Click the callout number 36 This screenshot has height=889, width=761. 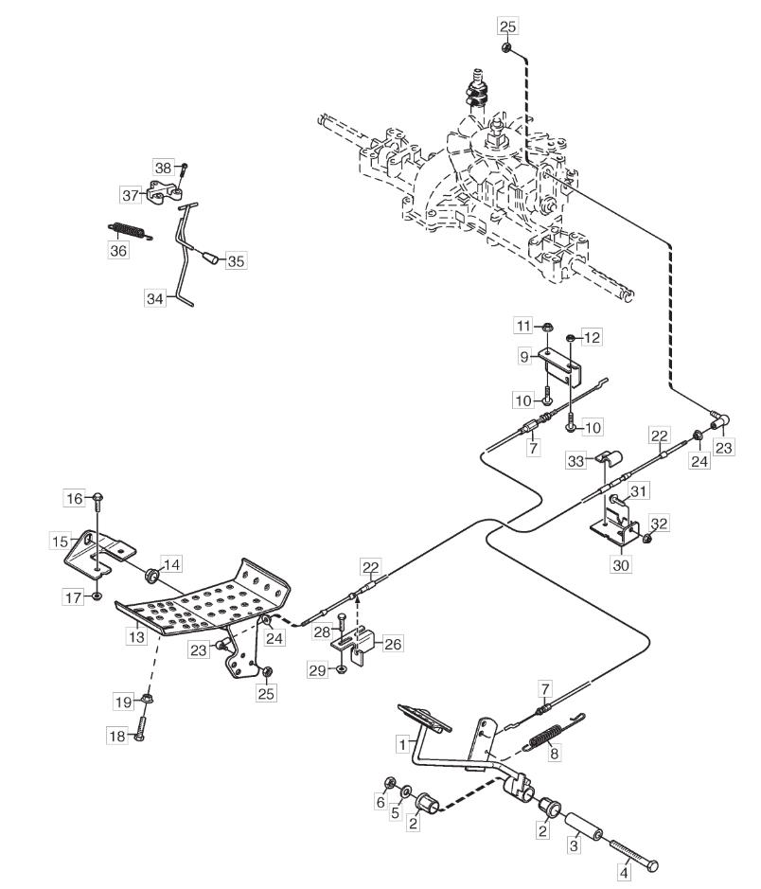pyautogui.click(x=118, y=250)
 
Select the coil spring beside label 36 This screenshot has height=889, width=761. pyautogui.click(x=130, y=231)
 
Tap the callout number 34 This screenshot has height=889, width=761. pyautogui.click(x=154, y=298)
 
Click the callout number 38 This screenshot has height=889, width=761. pyautogui.click(x=163, y=168)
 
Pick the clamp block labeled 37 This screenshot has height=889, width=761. pyautogui.click(x=165, y=191)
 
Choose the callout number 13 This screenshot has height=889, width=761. pyautogui.click(x=136, y=637)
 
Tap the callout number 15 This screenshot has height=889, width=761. pyautogui.click(x=60, y=542)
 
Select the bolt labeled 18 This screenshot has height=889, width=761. pyautogui.click(x=140, y=729)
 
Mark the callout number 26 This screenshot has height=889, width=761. pyautogui.click(x=393, y=644)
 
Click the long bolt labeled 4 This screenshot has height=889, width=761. pyautogui.click(x=633, y=853)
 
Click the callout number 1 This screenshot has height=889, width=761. pyautogui.click(x=403, y=744)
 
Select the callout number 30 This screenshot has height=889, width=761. pyautogui.click(x=621, y=564)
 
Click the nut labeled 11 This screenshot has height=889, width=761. pyautogui.click(x=547, y=327)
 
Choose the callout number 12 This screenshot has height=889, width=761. pyautogui.click(x=592, y=337)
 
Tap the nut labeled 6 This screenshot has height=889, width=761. pyautogui.click(x=389, y=783)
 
